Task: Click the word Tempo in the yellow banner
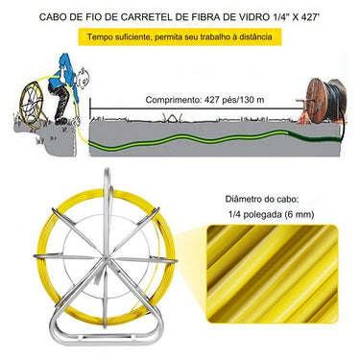click(106, 38)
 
